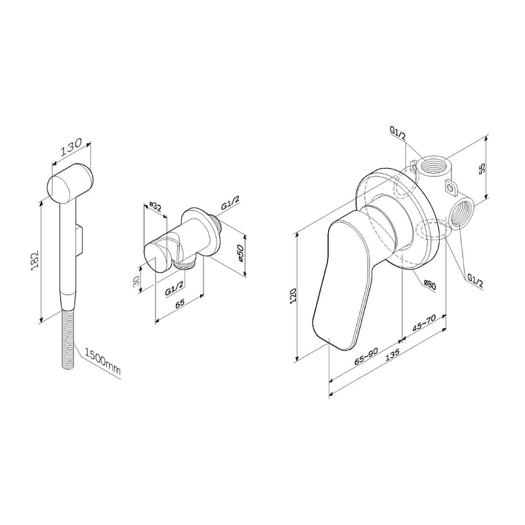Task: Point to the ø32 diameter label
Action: point(156,207)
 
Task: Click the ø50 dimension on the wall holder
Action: point(240,253)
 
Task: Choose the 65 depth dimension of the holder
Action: point(180,303)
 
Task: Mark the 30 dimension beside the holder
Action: point(136,280)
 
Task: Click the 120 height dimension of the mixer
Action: point(293,295)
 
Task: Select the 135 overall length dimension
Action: point(392,354)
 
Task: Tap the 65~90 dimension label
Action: point(366,356)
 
